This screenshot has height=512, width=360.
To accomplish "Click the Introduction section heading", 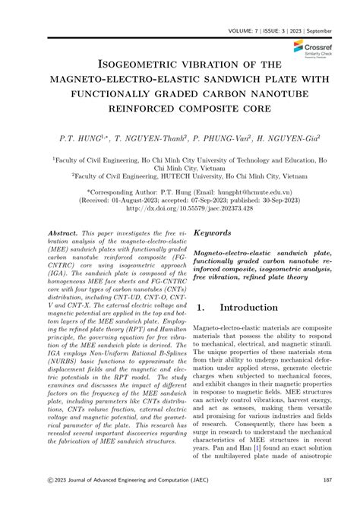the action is (261, 308).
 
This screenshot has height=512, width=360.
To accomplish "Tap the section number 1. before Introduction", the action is (201, 308).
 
